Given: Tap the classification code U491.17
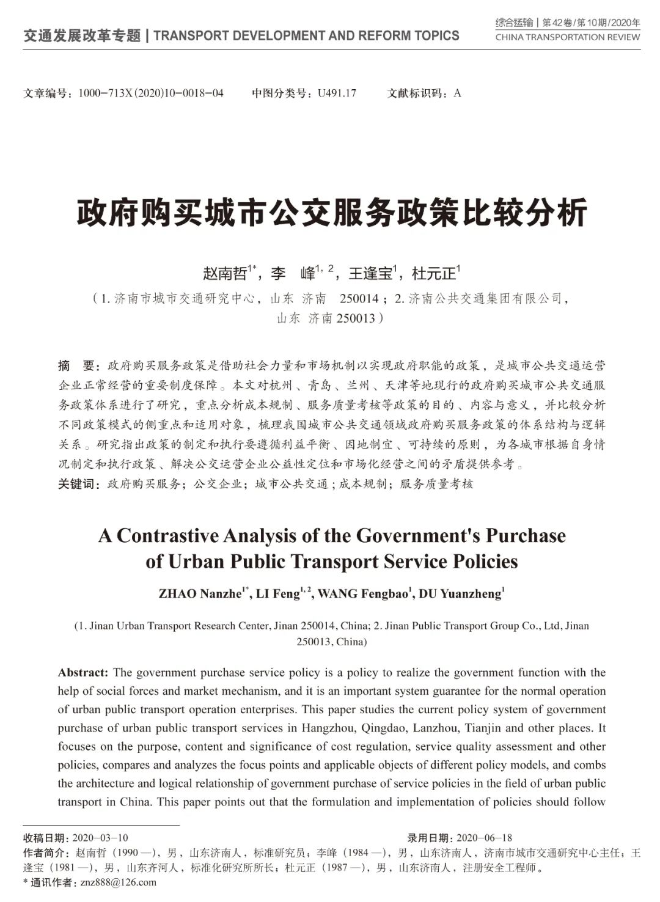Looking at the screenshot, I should tap(337, 94).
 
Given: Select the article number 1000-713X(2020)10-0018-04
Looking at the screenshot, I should tap(150, 94).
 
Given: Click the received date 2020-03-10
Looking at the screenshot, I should tap(100, 838).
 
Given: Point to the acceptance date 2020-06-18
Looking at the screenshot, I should tap(484, 838).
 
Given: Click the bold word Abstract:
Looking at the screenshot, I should tap(83, 673).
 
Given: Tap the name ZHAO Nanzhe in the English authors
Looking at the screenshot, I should tap(200, 594).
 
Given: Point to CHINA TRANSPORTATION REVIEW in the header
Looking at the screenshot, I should tap(568, 37).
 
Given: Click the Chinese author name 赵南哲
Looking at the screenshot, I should tap(224, 273).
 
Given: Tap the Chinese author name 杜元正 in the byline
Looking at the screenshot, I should tap(434, 273).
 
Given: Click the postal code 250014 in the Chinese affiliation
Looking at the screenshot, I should tap(359, 299).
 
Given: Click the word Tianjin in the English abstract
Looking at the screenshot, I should tap(484, 728).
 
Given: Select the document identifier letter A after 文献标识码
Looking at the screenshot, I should tap(457, 94).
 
